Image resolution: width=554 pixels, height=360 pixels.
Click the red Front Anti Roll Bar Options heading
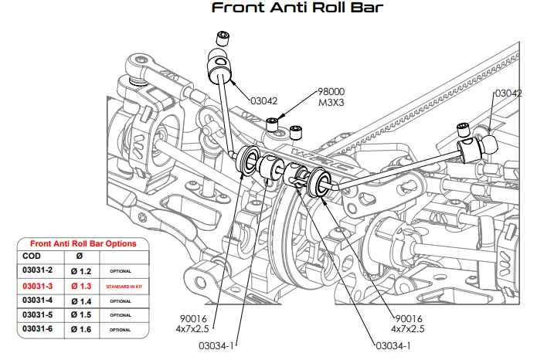coord(83,243)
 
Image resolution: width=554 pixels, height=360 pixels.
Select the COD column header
coord(32,256)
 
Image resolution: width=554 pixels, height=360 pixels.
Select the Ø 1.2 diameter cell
coord(80,271)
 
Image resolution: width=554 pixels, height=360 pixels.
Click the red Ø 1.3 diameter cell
coord(80,286)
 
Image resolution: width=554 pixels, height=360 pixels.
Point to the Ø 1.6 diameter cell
coord(80,329)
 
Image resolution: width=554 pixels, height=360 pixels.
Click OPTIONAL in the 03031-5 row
coord(120,315)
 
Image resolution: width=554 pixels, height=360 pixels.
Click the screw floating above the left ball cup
coord(223,36)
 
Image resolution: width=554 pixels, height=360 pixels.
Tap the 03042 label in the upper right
coord(508,93)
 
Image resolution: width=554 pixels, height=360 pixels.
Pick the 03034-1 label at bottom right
coord(393,345)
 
